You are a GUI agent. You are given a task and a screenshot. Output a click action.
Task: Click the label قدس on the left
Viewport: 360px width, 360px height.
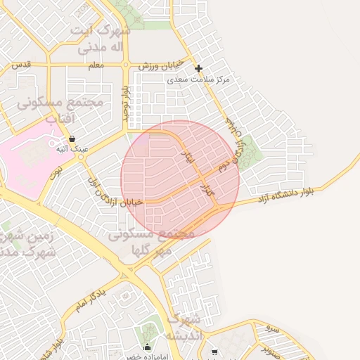click(20, 65)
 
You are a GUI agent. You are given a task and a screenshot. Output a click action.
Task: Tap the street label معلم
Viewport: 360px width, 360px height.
click(97, 65)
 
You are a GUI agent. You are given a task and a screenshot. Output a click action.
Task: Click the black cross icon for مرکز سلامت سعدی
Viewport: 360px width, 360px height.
click(199, 69)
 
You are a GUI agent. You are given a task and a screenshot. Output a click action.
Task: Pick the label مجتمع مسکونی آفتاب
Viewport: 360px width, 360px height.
click(60, 110)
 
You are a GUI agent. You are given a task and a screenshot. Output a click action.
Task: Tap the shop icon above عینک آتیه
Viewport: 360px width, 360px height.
click(72, 139)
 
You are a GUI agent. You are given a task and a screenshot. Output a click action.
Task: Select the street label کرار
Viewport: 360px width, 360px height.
click(208, 189)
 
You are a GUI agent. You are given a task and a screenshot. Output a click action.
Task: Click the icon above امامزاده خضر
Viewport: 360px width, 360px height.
click(147, 347)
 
